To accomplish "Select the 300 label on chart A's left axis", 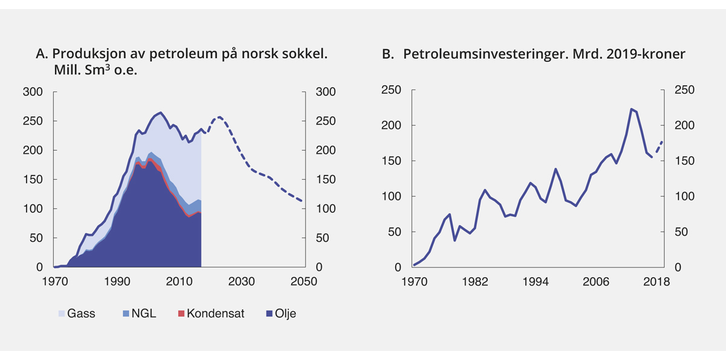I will pos(33,92).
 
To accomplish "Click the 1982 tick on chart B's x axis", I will pos(475,282).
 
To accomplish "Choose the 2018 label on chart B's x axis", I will pos(658,282).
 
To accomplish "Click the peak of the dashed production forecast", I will pos(218,117).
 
